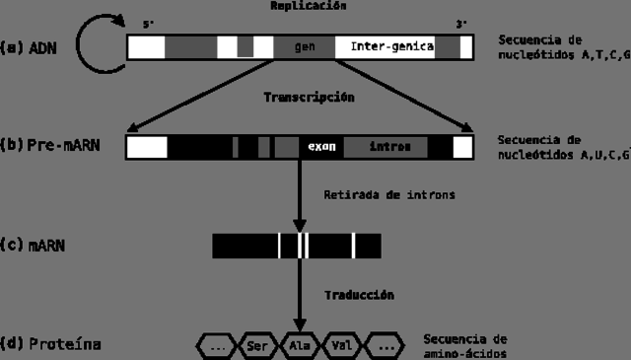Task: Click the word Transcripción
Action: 309,98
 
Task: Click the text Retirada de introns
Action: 388,194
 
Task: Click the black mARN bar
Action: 296,245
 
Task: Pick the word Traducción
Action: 359,294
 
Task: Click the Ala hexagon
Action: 300,345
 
